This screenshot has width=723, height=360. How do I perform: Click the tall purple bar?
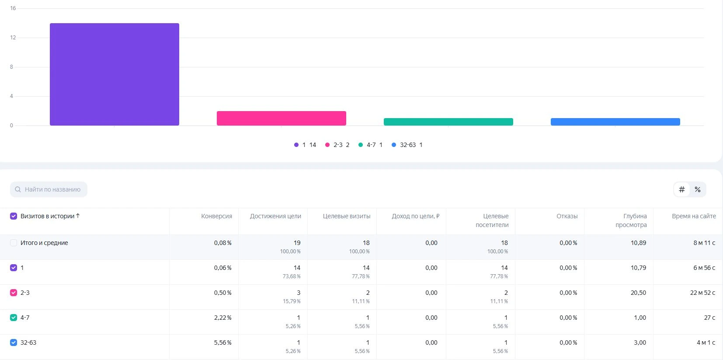pyautogui.click(x=114, y=74)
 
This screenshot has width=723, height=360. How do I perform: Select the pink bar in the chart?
pyautogui.click(x=282, y=118)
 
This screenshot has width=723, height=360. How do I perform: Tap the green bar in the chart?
pyautogui.click(x=448, y=122)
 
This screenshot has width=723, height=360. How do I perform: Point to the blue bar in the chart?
pyautogui.click(x=615, y=122)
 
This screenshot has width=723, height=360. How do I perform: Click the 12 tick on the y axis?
pyautogui.click(x=13, y=38)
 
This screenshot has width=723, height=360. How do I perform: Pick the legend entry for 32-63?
pyautogui.click(x=407, y=145)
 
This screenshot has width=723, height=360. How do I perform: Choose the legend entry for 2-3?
pyautogui.click(x=337, y=145)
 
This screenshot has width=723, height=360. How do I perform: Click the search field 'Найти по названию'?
pyautogui.click(x=49, y=189)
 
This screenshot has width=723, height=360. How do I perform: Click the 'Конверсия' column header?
pyautogui.click(x=216, y=216)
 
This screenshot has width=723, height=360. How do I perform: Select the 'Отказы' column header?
pyautogui.click(x=567, y=216)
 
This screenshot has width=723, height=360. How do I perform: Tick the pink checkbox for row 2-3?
pyautogui.click(x=14, y=293)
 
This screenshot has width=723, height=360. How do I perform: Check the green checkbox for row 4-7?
pyautogui.click(x=14, y=318)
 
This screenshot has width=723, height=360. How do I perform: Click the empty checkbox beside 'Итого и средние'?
pyautogui.click(x=14, y=243)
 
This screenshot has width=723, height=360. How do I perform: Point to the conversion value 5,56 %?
pyautogui.click(x=222, y=343)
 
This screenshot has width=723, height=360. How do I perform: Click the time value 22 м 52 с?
pyautogui.click(x=702, y=293)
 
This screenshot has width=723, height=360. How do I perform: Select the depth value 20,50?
pyautogui.click(x=639, y=293)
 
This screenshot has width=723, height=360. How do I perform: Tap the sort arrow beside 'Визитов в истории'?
pyautogui.click(x=78, y=216)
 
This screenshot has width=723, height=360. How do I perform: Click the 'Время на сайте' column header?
pyautogui.click(x=694, y=216)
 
